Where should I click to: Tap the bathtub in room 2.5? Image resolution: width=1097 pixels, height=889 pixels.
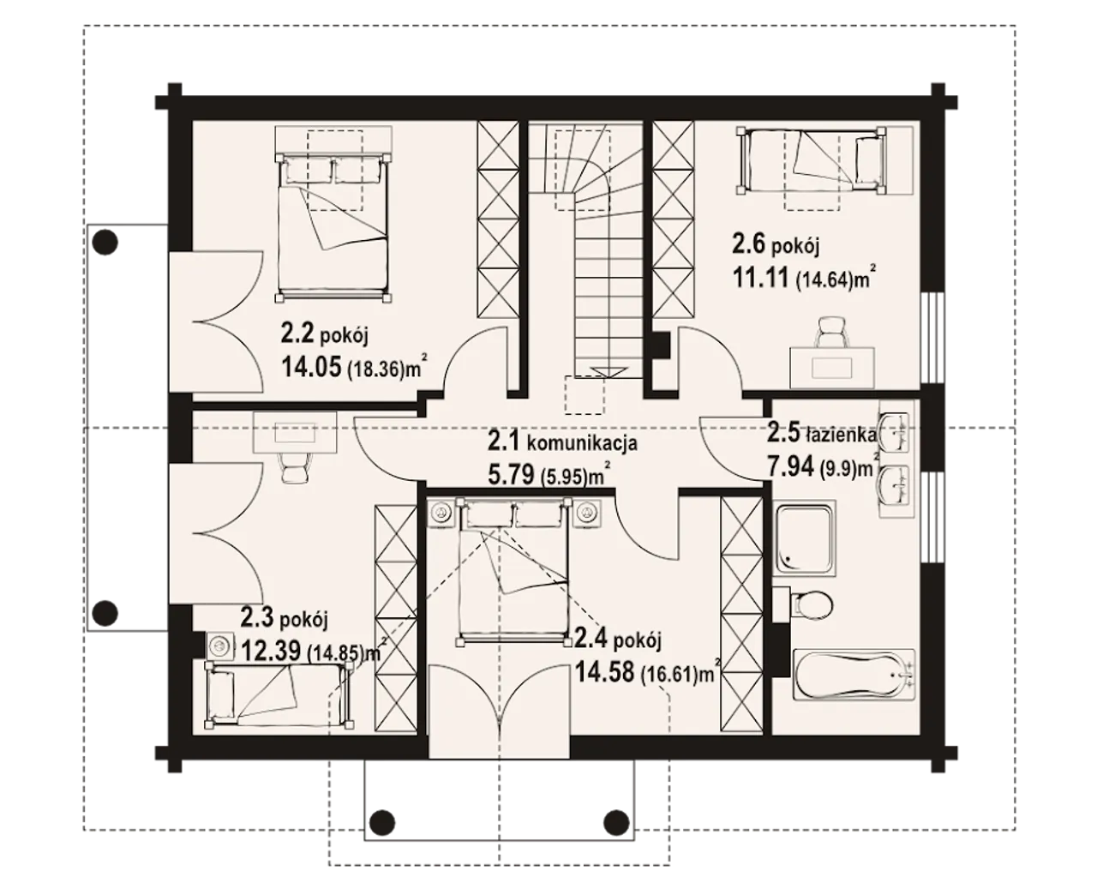tap(854, 675)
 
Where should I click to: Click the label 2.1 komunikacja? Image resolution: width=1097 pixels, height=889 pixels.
tap(562, 442)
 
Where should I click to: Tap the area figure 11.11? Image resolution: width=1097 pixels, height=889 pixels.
tap(760, 279)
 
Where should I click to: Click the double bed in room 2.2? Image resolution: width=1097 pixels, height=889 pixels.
tap(333, 226)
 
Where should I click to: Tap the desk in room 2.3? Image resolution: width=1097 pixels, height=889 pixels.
tap(295, 432)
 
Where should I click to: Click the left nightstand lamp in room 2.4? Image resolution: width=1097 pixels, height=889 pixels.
tap(441, 513)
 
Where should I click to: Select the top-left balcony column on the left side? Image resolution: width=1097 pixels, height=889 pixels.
tap(105, 241)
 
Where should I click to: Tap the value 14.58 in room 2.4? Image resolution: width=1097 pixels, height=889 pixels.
tap(604, 672)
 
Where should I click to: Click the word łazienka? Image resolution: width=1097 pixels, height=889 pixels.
tap(841, 435)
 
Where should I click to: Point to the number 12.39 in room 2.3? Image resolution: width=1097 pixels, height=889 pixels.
tap(271, 651)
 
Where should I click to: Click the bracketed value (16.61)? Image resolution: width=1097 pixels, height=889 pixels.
tap(669, 675)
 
